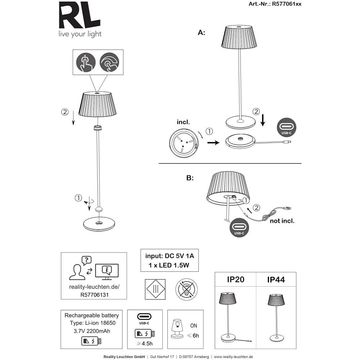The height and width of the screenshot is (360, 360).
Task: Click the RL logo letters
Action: click(80, 15)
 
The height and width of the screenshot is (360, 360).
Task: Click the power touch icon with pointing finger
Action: click(86, 62)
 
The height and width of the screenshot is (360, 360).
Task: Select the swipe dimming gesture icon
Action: click(109, 62)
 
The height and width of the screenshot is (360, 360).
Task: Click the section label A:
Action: click(201, 33)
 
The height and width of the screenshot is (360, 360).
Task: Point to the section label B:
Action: click(190, 178)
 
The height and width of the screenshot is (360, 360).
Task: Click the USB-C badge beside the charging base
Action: click(287, 127)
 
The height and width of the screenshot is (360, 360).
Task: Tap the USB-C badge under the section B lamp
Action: click(239, 228)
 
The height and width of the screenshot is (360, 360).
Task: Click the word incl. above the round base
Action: click(183, 122)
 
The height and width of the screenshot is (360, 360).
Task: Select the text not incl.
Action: click(282, 221)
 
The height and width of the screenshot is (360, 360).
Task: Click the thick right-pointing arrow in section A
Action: click(213, 143)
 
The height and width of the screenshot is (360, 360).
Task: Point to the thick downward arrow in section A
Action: click(263, 120)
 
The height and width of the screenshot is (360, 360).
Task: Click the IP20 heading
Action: click(235, 279)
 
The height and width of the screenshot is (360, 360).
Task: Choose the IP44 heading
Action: click(276, 280)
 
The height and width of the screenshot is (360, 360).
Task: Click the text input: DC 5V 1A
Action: click(170, 256)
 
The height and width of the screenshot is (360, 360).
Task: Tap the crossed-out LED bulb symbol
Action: click(186, 289)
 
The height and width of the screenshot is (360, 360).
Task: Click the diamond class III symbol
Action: click(156, 289)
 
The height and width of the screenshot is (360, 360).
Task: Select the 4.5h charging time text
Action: click(145, 343)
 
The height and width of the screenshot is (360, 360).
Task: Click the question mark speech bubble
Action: click(86, 261)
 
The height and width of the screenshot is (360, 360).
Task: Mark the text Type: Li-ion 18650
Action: click(93, 323)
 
